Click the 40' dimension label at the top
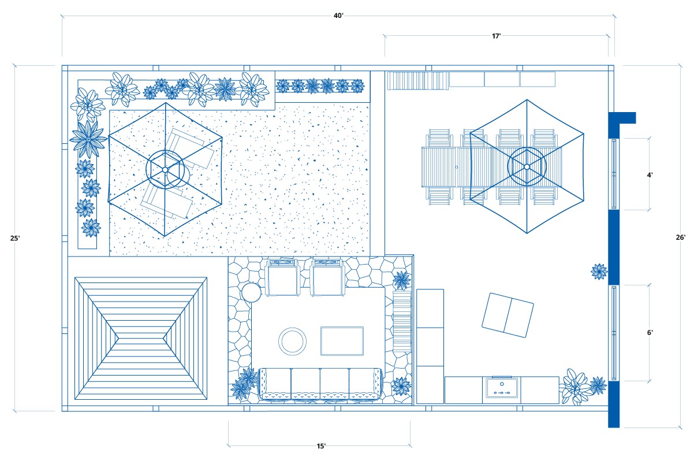pos(338,16)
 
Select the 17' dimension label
pos(496,36)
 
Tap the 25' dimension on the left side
pos(15,237)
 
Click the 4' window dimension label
pos(650,174)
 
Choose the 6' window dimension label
pos(650,332)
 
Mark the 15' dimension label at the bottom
pos(321,446)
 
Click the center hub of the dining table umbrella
pos(527,167)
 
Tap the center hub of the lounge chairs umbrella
pos(165,169)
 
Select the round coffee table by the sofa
pos(293,341)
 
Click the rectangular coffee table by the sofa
pos(342,341)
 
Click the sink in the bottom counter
pos(501,389)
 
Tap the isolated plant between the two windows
pos(599,271)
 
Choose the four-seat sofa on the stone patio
pos(320,383)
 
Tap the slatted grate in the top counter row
pos(417,80)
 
